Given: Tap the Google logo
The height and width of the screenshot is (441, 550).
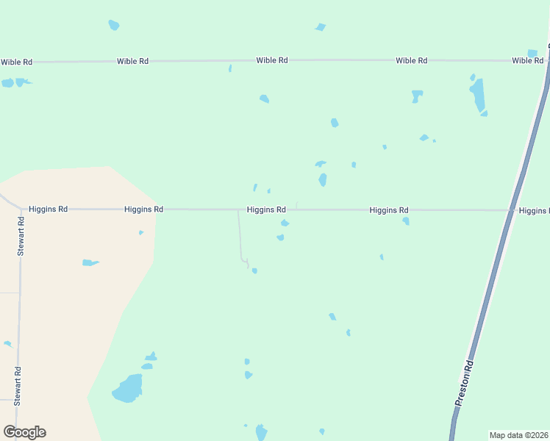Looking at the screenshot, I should (24, 432).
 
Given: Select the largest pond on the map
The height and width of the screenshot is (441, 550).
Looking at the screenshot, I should (128, 389).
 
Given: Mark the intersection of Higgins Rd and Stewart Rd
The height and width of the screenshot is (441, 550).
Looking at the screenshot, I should (20, 209).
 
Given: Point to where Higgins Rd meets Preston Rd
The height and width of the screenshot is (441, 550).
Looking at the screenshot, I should (512, 211).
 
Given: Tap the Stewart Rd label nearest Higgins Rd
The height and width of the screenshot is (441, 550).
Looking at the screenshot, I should (21, 236).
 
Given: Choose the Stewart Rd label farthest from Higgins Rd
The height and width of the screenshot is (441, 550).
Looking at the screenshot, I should (17, 386).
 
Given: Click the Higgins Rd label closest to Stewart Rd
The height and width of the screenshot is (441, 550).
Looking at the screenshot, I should (48, 209).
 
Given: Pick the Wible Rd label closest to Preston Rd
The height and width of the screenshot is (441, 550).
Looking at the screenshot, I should (527, 60).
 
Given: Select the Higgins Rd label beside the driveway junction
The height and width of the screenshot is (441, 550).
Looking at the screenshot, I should (266, 209).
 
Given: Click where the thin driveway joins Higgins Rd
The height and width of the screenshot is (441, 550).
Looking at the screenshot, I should (238, 210).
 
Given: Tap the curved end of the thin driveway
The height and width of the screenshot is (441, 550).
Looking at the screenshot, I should (245, 260).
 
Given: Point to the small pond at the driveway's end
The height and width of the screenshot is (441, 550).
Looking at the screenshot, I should (254, 270).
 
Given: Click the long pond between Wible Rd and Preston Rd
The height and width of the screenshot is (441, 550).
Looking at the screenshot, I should (478, 96).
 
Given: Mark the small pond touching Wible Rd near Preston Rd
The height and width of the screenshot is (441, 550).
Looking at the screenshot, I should (532, 54).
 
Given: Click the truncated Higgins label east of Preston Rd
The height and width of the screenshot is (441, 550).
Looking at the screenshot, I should (535, 211).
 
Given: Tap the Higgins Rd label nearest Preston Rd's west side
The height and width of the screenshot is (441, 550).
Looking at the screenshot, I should (389, 210).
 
